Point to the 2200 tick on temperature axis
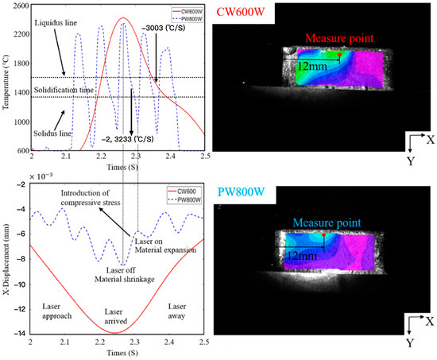coord(17,34)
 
